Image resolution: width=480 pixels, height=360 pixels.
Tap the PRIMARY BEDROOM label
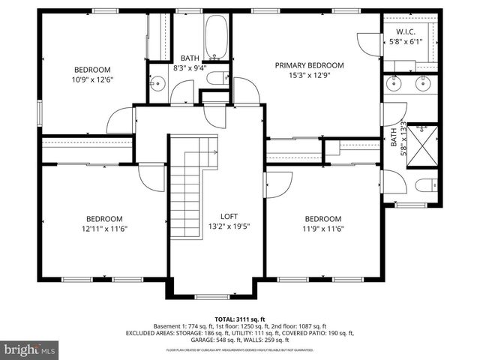(x=309, y=65)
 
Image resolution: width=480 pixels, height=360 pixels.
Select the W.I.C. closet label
(x=404, y=31)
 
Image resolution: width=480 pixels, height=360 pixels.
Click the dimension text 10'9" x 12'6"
(x=92, y=79)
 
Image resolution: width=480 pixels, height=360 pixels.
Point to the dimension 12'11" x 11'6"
(x=105, y=229)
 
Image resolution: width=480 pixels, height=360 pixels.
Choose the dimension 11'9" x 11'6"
(x=323, y=229)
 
